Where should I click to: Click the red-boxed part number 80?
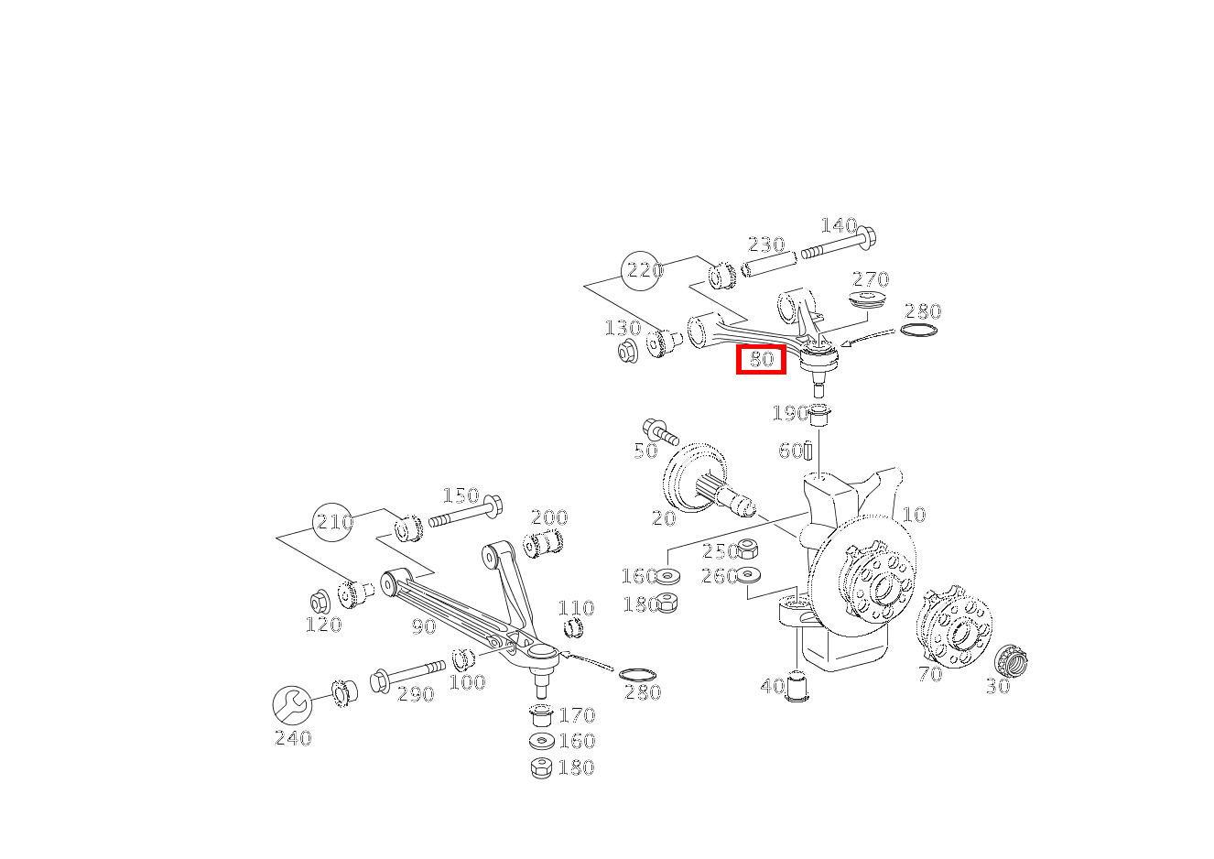pos(761,359)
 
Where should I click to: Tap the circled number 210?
pos(334,522)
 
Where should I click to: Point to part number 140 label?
pos(838,225)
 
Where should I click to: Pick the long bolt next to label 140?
pos(837,247)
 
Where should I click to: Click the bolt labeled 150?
pos(465,513)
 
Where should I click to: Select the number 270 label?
pos(870,279)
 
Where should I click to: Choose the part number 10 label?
pos(913,515)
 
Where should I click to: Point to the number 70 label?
pos(929,674)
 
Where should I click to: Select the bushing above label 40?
pos(797,687)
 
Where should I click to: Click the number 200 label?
pos(549,518)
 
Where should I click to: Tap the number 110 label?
pos(576,608)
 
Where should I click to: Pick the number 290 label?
pos(416,695)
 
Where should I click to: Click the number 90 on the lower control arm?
pos(423,627)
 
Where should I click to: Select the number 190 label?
pos(788,413)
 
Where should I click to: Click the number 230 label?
pos(765,245)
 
